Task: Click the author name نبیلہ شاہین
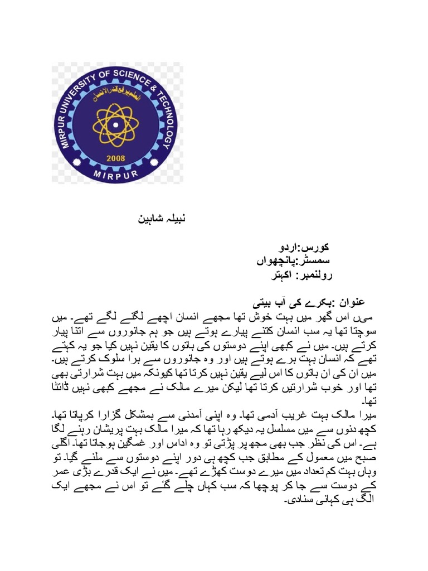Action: point(161,218)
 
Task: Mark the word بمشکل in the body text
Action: point(123,416)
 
